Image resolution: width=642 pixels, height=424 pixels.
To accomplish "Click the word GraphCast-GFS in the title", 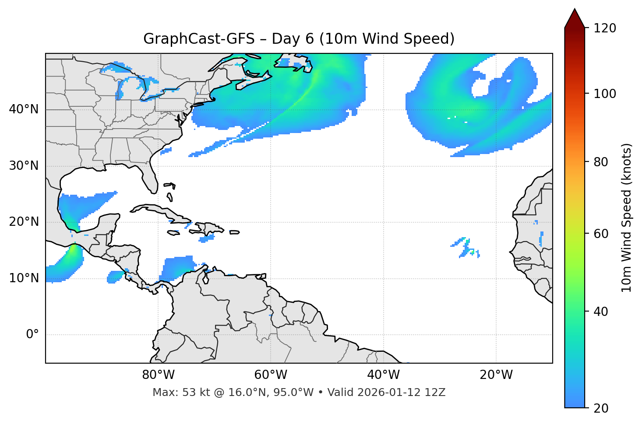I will click(199, 39).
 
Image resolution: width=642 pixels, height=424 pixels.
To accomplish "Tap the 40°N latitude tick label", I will click(24, 109).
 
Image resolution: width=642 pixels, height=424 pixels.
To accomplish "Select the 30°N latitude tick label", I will click(24, 166).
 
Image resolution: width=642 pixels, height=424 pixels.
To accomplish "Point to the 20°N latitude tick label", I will click(24, 222).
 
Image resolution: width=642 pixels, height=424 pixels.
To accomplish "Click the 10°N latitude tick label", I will click(24, 278).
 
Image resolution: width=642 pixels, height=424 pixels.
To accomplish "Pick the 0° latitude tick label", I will click(32, 335).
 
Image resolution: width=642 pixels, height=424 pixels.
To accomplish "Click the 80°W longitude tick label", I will click(158, 375).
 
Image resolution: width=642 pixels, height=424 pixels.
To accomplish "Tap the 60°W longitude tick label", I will click(271, 375).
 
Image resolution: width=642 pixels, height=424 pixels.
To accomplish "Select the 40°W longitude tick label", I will click(383, 375).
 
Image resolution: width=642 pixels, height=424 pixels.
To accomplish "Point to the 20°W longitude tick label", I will click(496, 375).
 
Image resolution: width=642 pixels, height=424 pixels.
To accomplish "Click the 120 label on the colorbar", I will click(605, 28).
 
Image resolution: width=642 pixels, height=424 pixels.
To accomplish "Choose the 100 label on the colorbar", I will click(605, 94).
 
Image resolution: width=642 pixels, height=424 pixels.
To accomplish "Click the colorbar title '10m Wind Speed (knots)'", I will click(627, 217).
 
